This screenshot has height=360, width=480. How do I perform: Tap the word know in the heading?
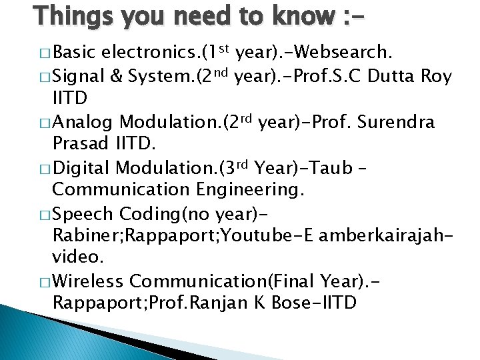click(295, 15)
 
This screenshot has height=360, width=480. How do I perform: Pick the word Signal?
click(77, 77)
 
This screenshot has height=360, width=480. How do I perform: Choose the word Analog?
click(84, 122)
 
